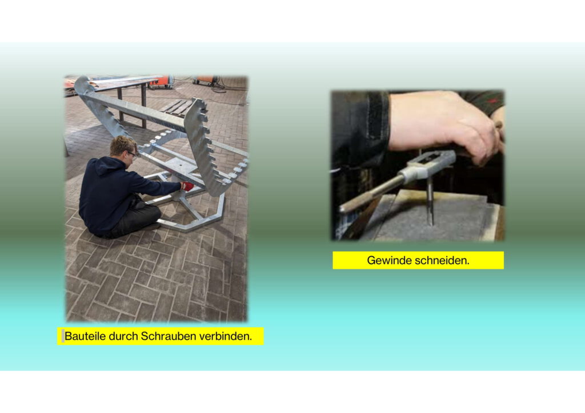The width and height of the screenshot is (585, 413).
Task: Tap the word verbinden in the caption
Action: tap(225, 337)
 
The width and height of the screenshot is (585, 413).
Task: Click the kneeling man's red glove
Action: tap(187, 186)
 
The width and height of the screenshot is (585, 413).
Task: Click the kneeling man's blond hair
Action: tap(122, 144)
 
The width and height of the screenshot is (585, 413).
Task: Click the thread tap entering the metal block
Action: tap(430, 201)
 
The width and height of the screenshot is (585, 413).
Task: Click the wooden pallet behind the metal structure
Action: tap(175, 107)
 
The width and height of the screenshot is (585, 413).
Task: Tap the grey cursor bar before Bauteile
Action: tap(63, 336)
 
